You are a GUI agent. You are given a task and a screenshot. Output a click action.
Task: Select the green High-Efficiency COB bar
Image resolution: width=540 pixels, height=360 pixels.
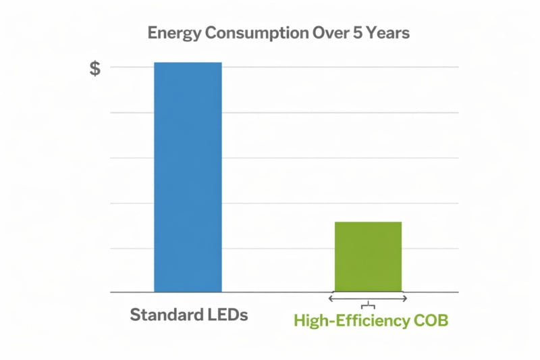pyautogui.click(x=369, y=257)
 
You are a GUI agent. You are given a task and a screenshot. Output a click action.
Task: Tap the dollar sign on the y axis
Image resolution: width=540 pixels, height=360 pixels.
pyautogui.click(x=95, y=68)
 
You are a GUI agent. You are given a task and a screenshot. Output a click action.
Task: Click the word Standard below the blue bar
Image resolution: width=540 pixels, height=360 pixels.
pyautogui.click(x=159, y=315)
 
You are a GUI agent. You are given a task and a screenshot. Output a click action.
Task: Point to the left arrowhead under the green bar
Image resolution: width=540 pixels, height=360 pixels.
pyautogui.click(x=331, y=298)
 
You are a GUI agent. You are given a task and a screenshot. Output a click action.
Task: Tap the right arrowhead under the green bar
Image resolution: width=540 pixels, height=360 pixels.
pyautogui.click(x=404, y=298)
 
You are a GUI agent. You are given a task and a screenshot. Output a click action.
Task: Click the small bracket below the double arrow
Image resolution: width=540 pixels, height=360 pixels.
pyautogui.click(x=368, y=306)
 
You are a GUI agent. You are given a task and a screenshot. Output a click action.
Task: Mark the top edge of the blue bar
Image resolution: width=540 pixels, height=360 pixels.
pyautogui.click(x=188, y=63)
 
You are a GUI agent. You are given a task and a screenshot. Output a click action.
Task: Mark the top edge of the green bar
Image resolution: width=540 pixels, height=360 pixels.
pyautogui.click(x=369, y=222)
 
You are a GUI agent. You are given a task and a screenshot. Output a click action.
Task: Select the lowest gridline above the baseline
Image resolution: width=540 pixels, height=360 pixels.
pyautogui.click(x=283, y=248)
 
